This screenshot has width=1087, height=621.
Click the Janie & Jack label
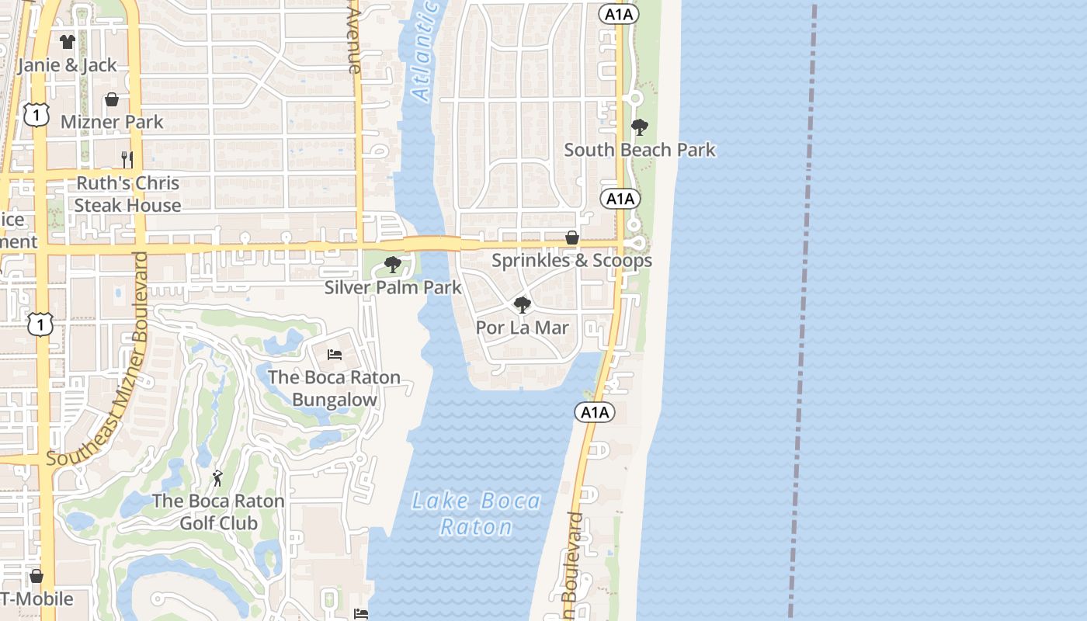(68, 65)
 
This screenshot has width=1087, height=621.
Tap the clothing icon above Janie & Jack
(68, 42)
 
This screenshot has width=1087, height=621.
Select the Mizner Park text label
(112, 122)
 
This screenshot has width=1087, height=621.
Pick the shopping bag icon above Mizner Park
(112, 99)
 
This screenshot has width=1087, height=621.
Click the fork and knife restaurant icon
(127, 159)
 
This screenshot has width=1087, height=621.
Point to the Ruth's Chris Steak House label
(127, 194)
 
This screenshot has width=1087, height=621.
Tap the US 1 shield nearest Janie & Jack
(36, 115)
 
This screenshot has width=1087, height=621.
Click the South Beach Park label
(640, 150)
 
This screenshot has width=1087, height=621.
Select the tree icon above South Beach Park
(640, 127)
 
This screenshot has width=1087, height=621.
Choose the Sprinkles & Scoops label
(571, 261)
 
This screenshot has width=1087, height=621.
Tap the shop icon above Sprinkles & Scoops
(572, 238)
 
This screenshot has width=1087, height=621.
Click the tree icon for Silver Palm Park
(393, 265)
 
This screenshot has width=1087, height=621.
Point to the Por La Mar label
(523, 328)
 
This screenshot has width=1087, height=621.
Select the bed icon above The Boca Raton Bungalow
(335, 355)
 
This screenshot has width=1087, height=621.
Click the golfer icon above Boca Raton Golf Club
(217, 478)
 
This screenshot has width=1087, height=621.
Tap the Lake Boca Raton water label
(476, 513)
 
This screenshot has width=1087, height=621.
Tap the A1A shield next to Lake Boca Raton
(595, 412)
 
